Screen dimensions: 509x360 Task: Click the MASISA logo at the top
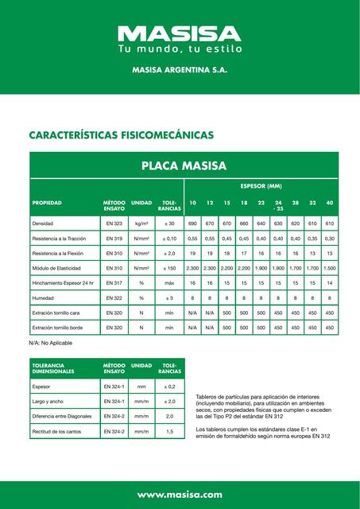(x=180, y=33)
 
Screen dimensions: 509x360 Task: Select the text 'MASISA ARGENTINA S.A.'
(x=180, y=71)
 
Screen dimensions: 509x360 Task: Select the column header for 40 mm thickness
(x=330, y=203)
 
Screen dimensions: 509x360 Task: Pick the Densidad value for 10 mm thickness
(x=192, y=224)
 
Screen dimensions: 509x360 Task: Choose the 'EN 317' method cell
(x=114, y=283)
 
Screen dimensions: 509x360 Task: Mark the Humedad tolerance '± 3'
(x=169, y=298)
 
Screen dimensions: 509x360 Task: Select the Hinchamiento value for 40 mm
(x=330, y=283)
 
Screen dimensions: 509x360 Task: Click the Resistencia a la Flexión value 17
(x=244, y=254)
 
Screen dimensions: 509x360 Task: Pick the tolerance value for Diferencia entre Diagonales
(x=169, y=416)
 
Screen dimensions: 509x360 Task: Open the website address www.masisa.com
(x=180, y=495)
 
